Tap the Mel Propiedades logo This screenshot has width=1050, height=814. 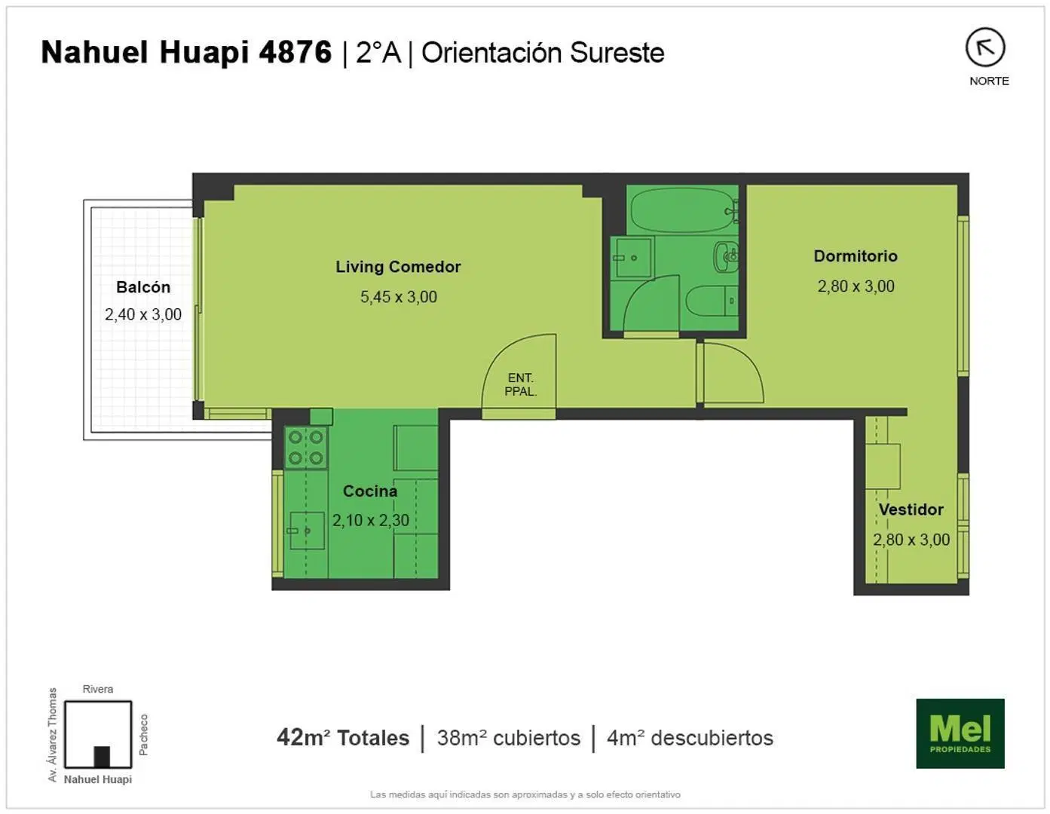pyautogui.click(x=960, y=733)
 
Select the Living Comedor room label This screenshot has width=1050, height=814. pyautogui.click(x=398, y=267)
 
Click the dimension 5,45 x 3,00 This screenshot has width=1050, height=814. pyautogui.click(x=399, y=297)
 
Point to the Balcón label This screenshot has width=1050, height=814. pyautogui.click(x=143, y=287)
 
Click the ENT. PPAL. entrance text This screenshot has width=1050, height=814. pyautogui.click(x=520, y=384)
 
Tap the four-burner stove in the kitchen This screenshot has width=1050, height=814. pyautogui.click(x=306, y=448)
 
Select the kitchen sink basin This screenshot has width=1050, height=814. pyautogui.click(x=307, y=531)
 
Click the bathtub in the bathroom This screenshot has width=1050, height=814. pyautogui.click(x=682, y=210)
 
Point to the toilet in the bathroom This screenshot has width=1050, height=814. pyautogui.click(x=712, y=301)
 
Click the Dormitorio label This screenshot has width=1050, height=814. pyautogui.click(x=856, y=256)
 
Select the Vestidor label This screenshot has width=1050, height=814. pyautogui.click(x=911, y=510)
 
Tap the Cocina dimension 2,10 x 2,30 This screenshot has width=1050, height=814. pyautogui.click(x=371, y=520)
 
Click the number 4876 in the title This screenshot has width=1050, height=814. pyautogui.click(x=295, y=52)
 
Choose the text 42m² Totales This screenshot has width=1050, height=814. pyautogui.click(x=343, y=738)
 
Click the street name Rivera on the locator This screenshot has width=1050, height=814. pyautogui.click(x=97, y=689)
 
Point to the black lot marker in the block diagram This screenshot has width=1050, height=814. pyautogui.click(x=102, y=757)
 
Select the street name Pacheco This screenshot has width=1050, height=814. pyautogui.click(x=143, y=735)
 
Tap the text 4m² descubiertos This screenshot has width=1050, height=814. pyautogui.click(x=690, y=738)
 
